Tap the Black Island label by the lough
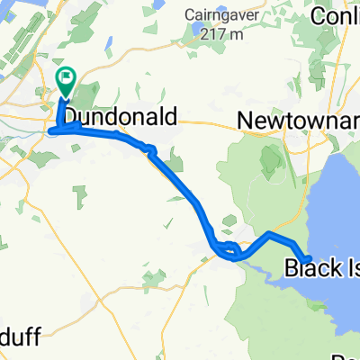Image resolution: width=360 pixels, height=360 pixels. pyautogui.click(x=322, y=266)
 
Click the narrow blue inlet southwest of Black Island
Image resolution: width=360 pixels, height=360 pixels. pyautogui.click(x=261, y=270)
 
